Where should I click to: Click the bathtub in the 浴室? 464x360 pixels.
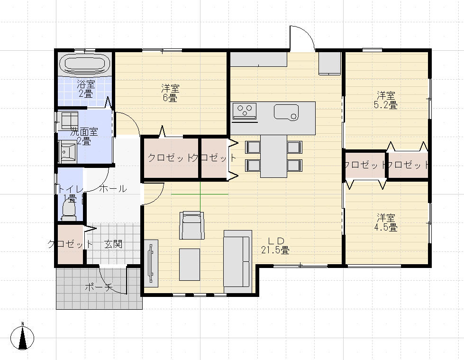tap(85, 64)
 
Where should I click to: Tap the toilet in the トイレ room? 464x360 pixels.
tap(69, 211)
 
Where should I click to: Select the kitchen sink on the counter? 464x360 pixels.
tap(286, 112)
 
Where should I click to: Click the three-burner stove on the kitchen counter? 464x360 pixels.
tap(245, 111)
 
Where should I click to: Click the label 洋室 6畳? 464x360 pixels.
tap(170, 92)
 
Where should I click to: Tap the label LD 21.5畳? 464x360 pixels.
tap(275, 245)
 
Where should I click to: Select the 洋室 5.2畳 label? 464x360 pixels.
tap(386, 100)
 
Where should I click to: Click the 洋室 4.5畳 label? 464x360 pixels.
tap(386, 222)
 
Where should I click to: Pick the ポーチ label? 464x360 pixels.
tap(99, 287)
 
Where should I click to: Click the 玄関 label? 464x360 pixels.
tap(113, 244)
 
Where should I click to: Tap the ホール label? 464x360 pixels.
tap(113, 189)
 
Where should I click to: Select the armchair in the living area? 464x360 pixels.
tap(192, 225)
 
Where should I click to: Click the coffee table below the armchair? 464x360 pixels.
tap(190, 264)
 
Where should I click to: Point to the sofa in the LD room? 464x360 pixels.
tap(238, 262)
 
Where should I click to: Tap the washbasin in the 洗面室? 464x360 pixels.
tap(68, 152)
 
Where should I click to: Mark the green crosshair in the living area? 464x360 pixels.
tap(200, 194)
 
